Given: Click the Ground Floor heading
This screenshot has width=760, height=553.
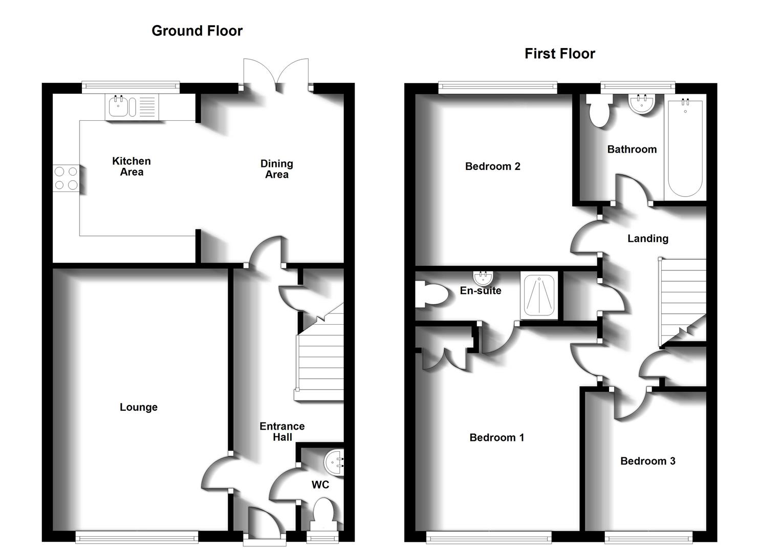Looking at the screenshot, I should pos(197,31).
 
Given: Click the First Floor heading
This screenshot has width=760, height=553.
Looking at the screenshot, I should pos(559,54).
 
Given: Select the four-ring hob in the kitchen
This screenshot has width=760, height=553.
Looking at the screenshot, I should pos(66,178).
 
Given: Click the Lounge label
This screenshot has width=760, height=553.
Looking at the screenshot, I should pos(138,407).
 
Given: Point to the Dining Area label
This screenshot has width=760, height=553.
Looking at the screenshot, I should pos(276,169).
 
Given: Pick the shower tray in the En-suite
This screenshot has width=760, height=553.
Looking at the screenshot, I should pos(538,296).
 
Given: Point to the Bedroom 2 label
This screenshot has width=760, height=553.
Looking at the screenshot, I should pos(492,166).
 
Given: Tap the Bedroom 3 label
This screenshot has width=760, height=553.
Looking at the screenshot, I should pos(647,461).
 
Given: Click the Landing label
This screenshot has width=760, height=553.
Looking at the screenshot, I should pos(647,239).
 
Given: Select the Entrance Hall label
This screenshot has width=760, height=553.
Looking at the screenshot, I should pos(282,432).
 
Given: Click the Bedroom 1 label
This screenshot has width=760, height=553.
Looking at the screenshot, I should pos(496,437).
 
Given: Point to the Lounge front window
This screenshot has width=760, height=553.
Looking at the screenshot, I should pos(137,537).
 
